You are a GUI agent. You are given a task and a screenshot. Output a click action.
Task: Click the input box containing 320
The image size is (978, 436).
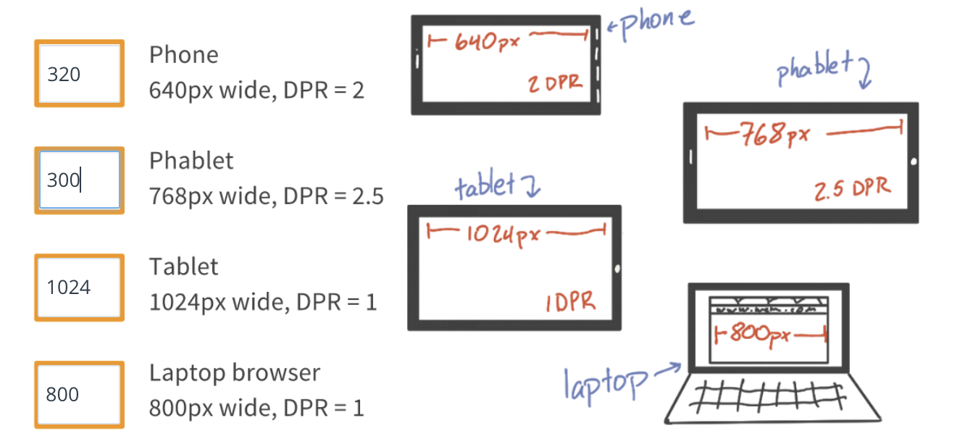coord(79,74)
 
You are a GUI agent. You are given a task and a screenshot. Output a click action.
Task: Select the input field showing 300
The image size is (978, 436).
coord(79,180)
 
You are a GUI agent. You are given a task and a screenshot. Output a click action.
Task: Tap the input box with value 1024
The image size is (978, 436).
coord(79,287)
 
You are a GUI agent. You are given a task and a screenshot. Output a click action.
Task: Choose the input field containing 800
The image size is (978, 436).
coord(79,394)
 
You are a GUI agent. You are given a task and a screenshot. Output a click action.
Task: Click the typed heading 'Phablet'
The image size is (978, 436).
coord(191,160)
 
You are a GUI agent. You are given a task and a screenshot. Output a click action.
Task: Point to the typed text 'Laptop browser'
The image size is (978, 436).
coord(234,373)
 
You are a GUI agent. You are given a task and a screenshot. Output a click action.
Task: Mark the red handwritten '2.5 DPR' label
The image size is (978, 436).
coord(853,190)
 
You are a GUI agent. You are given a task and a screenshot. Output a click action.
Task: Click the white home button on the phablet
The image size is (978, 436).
coord(914,161)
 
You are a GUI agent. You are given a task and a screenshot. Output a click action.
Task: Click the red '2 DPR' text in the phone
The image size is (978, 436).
coord(555,83)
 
